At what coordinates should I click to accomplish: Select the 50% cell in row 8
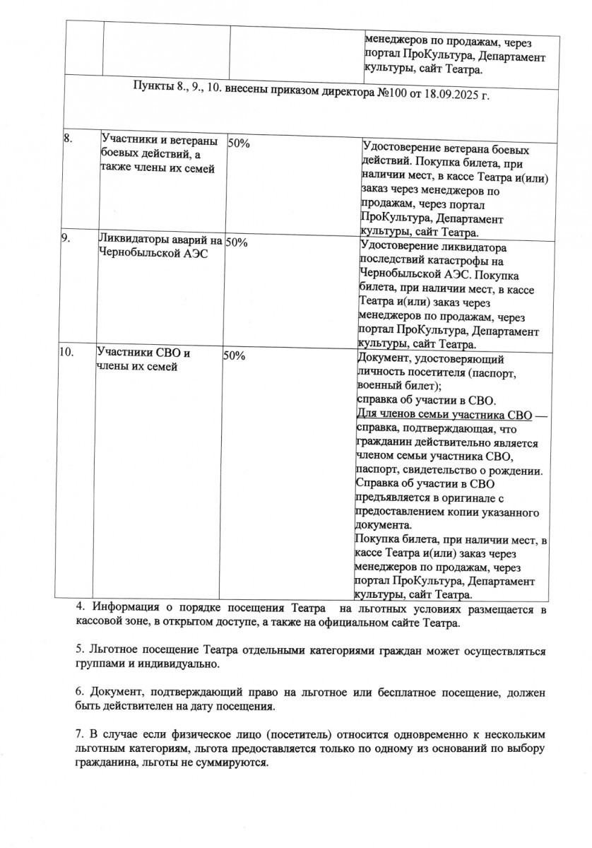pos(238,143)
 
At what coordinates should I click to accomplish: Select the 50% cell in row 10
pos(234,355)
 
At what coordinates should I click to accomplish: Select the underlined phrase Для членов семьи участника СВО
pos(443,413)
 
